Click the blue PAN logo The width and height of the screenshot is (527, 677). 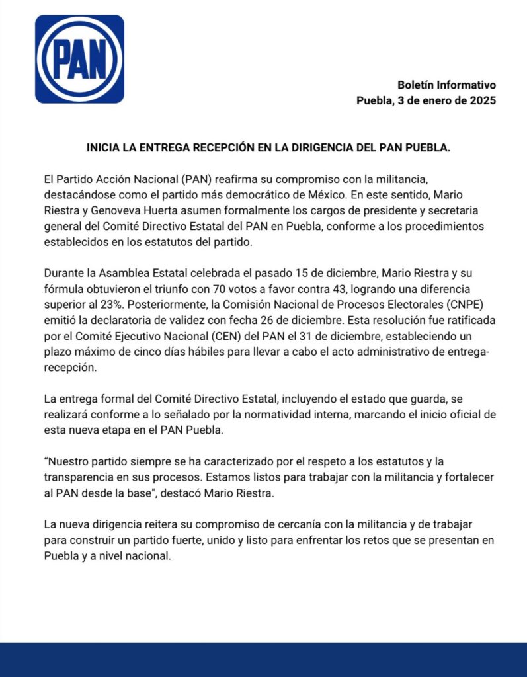click(x=79, y=59)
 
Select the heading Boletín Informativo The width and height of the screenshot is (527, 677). click(x=446, y=85)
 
